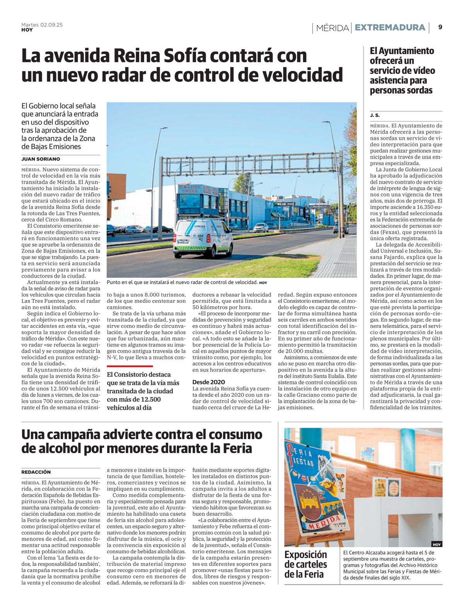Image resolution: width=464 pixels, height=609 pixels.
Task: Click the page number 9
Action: (440, 27)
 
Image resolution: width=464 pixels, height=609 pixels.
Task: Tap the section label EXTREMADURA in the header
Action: (390, 27)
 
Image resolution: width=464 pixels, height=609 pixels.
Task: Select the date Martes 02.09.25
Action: (42, 25)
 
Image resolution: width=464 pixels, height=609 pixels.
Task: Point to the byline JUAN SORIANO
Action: (41, 159)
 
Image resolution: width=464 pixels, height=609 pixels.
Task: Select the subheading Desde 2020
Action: (208, 382)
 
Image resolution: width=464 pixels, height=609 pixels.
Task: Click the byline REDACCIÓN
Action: (36, 472)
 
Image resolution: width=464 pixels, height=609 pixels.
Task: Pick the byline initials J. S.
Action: (375, 115)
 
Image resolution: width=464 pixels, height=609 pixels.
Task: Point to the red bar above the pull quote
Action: (130, 366)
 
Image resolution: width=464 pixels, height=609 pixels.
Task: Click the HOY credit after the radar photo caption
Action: (263, 283)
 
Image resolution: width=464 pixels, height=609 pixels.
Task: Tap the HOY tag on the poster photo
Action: (437, 544)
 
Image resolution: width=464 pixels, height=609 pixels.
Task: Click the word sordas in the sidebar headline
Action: (418, 90)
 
